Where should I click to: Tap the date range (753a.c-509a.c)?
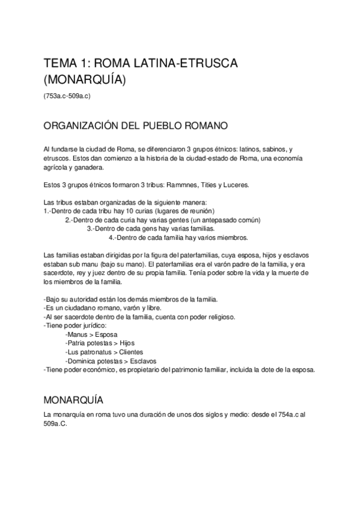tap(67, 96)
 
